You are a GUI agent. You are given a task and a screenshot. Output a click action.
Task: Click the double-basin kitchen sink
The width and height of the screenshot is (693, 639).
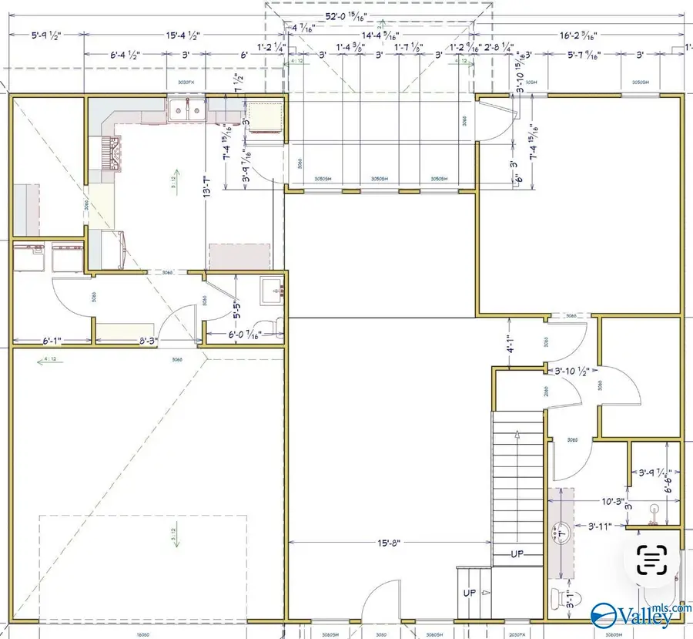point(187,110)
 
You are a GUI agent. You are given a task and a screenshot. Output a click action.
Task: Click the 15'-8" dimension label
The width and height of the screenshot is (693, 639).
point(389,543)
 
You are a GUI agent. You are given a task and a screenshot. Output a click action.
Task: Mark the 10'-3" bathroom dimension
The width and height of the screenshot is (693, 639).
point(592,500)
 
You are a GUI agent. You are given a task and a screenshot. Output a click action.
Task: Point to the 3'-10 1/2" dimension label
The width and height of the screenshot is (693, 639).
point(572,371)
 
